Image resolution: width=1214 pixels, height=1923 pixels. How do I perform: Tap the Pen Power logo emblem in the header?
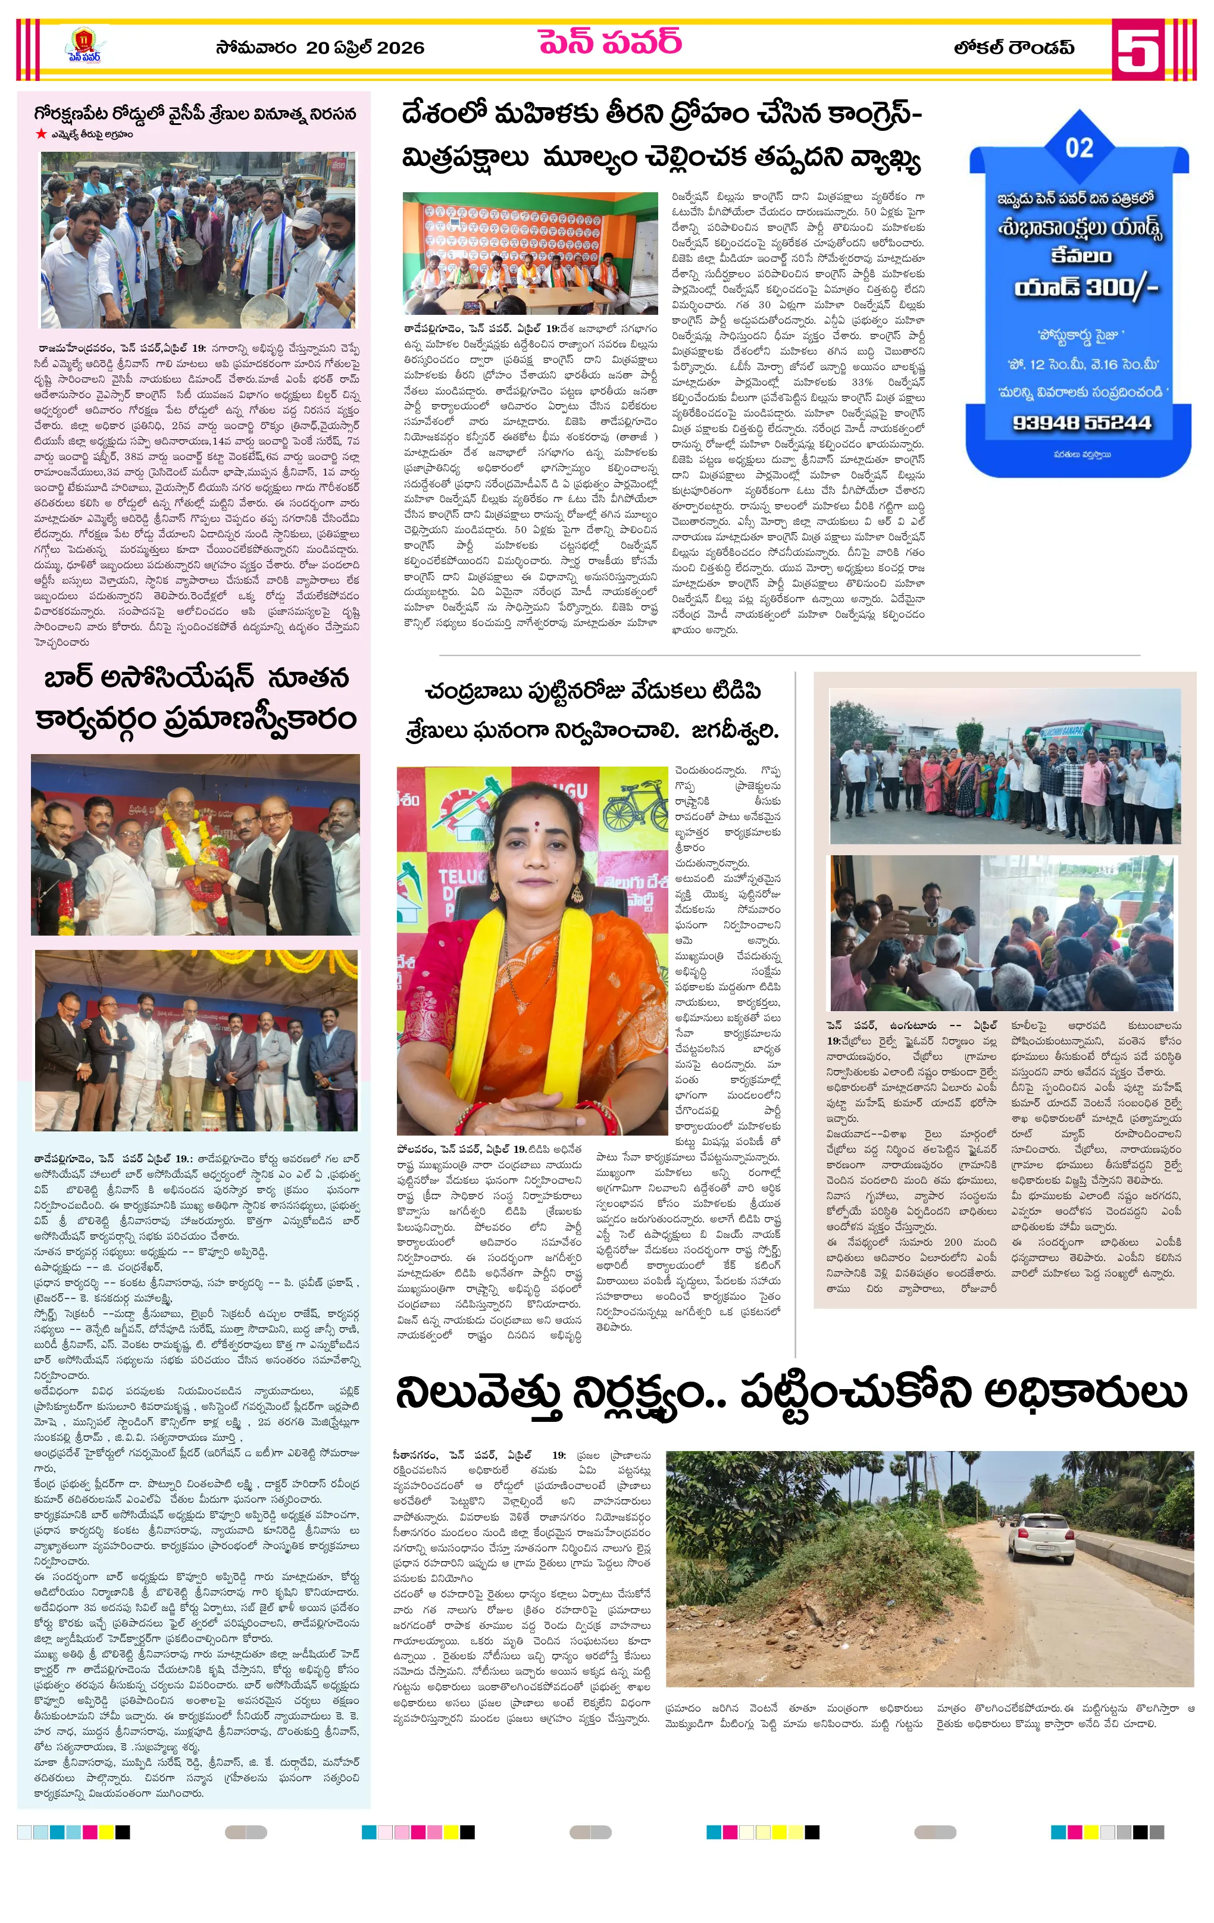[x=84, y=45]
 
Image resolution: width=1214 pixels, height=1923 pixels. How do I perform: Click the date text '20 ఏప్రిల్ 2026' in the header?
[x=364, y=48]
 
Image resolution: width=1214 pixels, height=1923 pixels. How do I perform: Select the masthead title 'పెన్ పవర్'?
[x=609, y=42]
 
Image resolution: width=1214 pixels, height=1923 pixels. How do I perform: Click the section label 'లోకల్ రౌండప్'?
[x=1013, y=48]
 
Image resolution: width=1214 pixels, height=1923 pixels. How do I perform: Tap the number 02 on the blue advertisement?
[x=1079, y=148]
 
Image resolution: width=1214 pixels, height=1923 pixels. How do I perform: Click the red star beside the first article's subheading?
[x=40, y=134]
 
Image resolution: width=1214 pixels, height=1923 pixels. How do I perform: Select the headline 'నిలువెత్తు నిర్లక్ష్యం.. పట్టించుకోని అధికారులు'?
[x=791, y=1393]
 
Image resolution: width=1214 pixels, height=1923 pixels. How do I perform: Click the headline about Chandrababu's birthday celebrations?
[x=592, y=711]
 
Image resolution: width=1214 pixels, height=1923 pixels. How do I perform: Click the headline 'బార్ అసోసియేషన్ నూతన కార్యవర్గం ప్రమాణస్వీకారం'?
[x=196, y=699]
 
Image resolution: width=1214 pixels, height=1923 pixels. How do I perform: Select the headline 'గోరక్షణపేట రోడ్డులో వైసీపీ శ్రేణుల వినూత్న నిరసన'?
[x=195, y=114]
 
